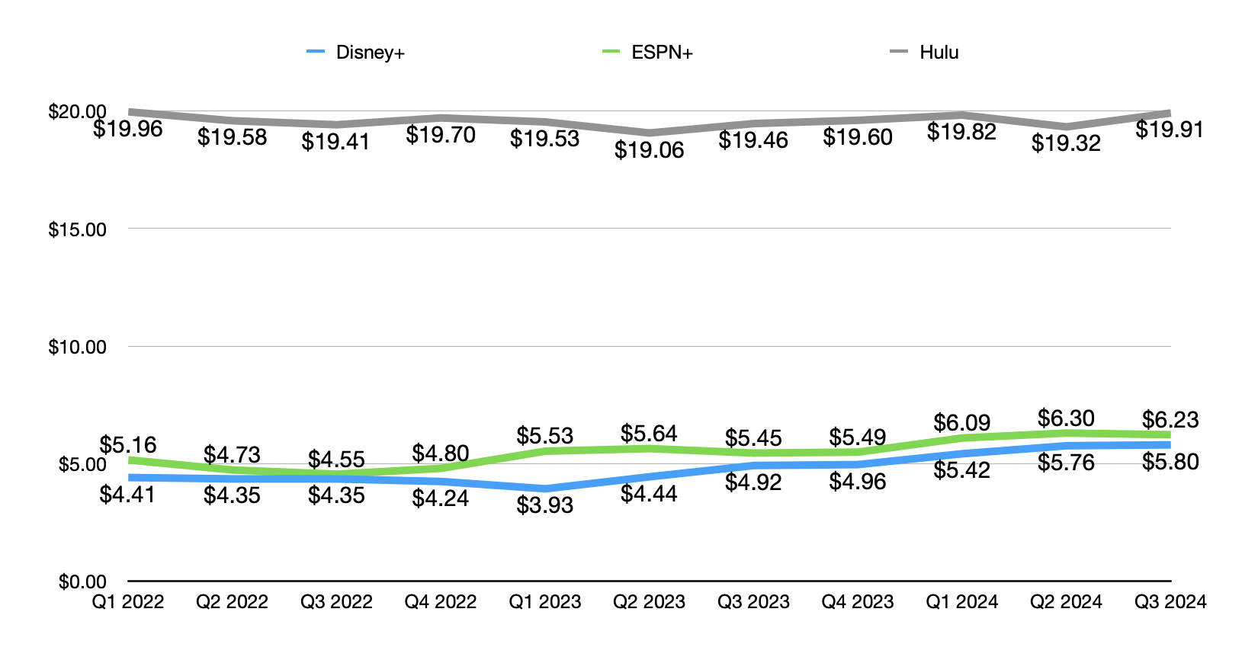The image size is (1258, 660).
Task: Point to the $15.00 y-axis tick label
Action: pyautogui.click(x=77, y=229)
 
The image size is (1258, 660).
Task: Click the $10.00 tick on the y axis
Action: pyautogui.click(x=77, y=347)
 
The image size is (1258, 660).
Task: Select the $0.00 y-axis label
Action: pyautogui.click(x=82, y=582)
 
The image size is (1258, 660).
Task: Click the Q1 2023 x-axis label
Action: pyautogui.click(x=544, y=602)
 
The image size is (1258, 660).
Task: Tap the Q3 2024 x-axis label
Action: pyautogui.click(x=1170, y=602)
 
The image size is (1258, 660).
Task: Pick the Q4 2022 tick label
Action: pyautogui.click(x=441, y=602)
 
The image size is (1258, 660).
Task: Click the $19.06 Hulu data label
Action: pyautogui.click(x=649, y=150)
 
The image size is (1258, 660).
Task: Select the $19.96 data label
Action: pyautogui.click(x=128, y=129)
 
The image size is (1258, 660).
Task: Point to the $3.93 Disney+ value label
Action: pyautogui.click(x=544, y=505)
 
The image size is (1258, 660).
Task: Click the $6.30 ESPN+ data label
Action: pyautogui.click(x=1066, y=418)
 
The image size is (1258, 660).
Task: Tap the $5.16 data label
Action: pyautogui.click(x=128, y=445)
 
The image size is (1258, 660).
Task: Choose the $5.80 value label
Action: pyautogui.click(x=1170, y=462)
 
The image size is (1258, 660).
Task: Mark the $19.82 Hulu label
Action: pyautogui.click(x=961, y=132)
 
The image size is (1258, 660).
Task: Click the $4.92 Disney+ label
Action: pyautogui.click(x=753, y=482)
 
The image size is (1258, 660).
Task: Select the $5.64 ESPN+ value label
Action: pyautogui.click(x=649, y=434)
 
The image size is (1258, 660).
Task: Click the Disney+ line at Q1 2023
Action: pyautogui.click(x=544, y=489)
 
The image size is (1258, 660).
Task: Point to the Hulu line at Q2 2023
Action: pyautogui.click(x=649, y=133)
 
